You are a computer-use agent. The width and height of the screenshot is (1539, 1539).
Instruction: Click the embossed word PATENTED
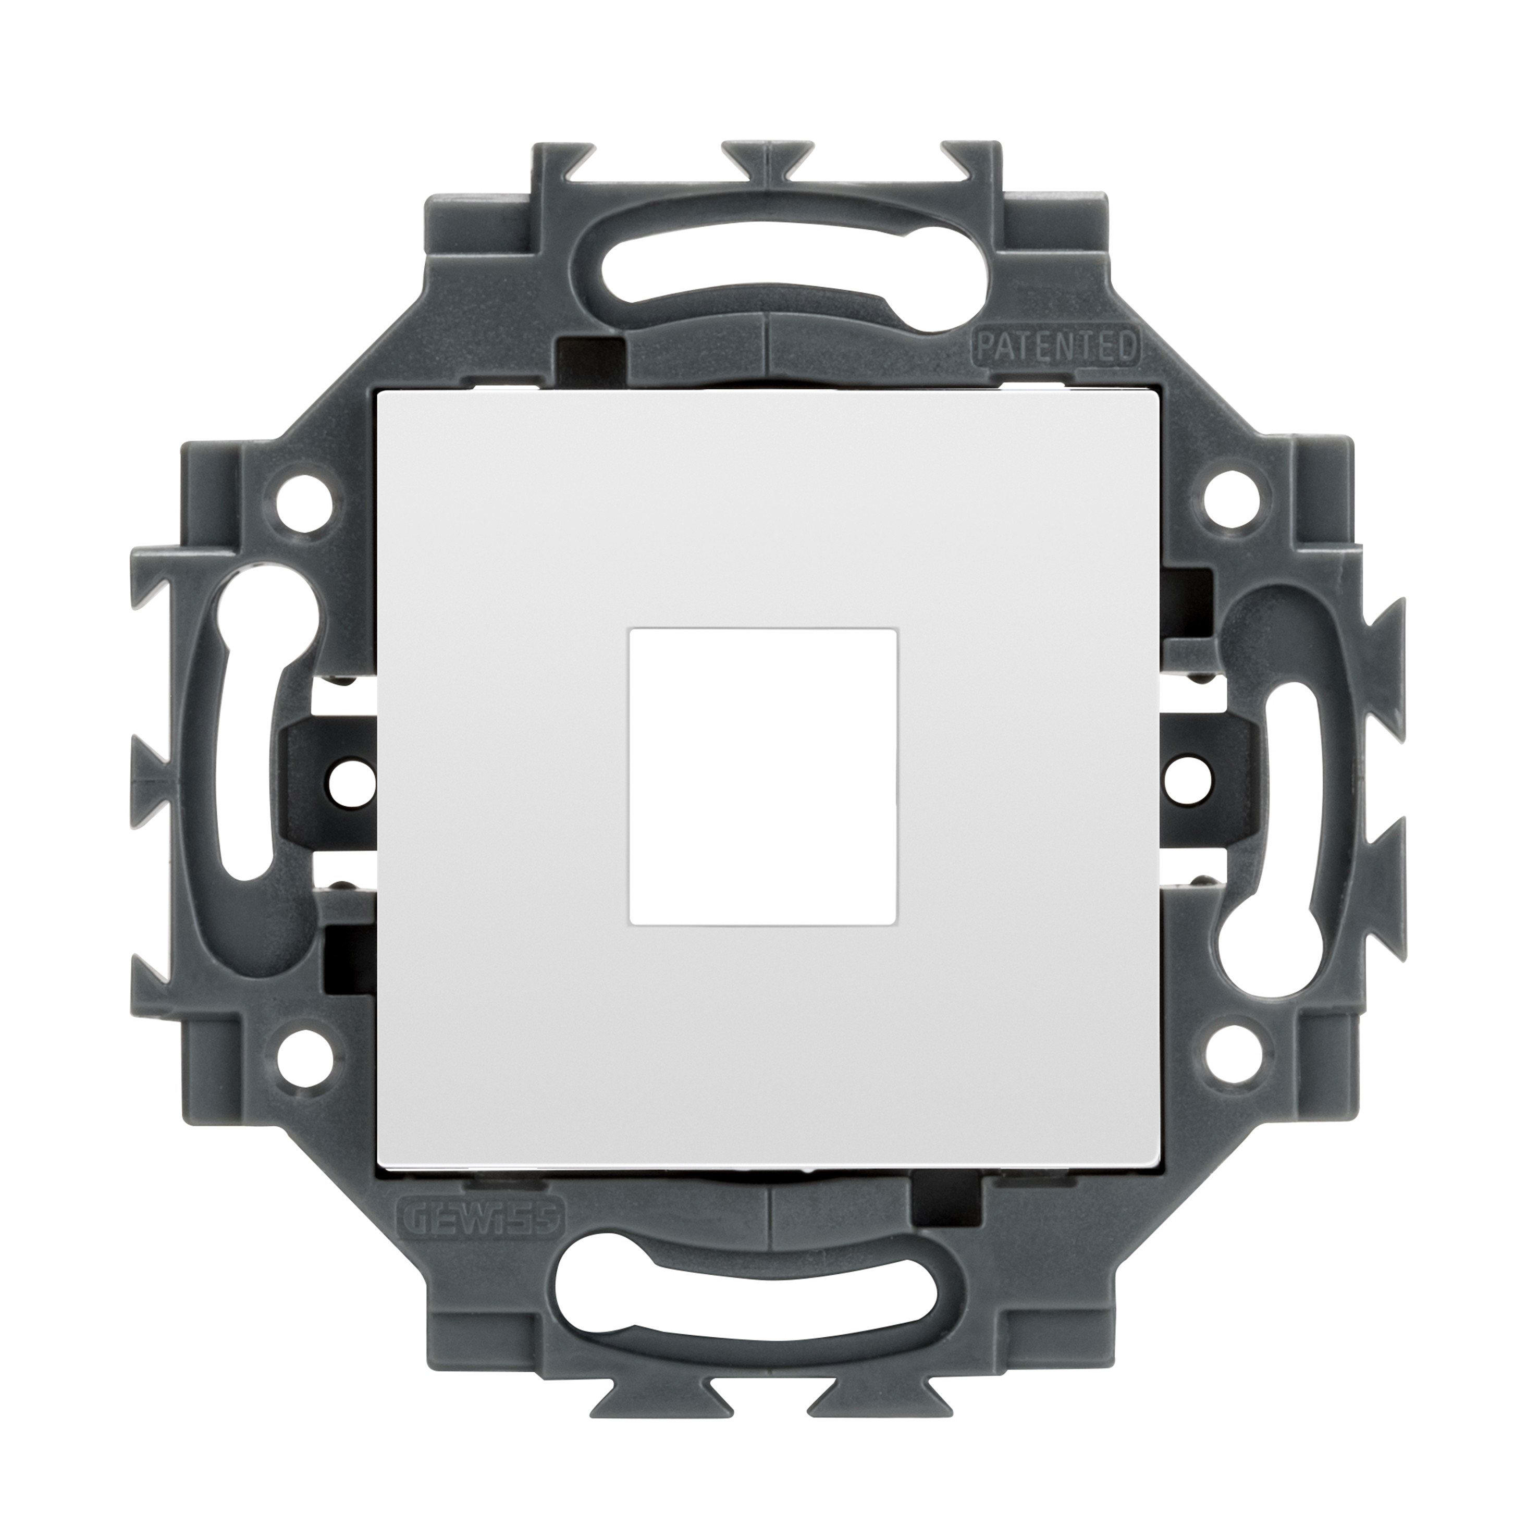click(x=1055, y=347)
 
